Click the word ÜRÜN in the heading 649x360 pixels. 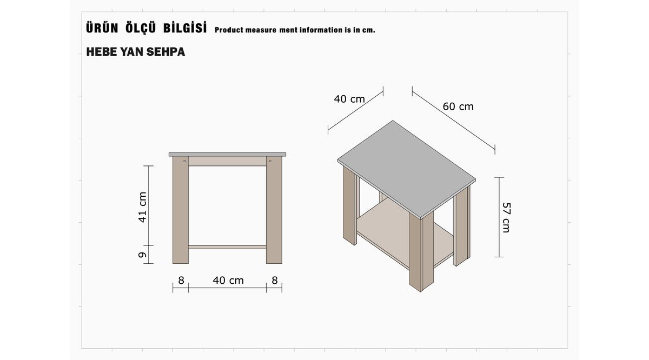coord(102,28)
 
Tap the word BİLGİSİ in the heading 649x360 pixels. coord(185,28)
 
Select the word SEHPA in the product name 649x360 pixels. coord(165,52)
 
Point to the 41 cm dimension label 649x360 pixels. coord(142,207)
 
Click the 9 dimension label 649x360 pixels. coord(142,255)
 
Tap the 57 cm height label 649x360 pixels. coord(506,217)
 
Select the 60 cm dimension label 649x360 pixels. coord(458,106)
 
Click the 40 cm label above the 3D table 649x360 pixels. coord(349,99)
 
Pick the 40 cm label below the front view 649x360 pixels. coord(228,281)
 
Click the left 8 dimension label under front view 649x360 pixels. coord(181,281)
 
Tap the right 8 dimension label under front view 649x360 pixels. coord(275,281)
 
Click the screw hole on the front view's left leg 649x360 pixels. coord(184,161)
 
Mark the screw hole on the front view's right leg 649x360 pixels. coord(270,161)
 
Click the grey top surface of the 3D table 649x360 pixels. coord(407,169)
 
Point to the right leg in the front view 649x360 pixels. coord(274,210)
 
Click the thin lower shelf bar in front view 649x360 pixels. coord(227,247)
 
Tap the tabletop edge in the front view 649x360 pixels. coord(228,155)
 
